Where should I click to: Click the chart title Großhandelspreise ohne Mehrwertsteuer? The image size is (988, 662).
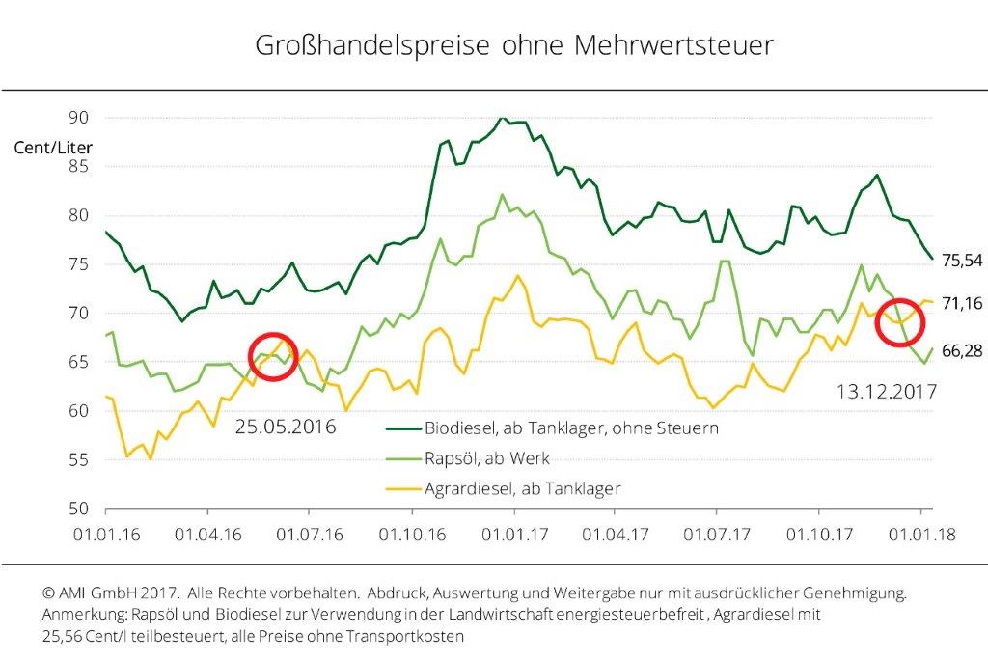513,45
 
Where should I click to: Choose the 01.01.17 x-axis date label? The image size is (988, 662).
512,532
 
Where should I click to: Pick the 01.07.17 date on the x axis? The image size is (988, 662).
716,532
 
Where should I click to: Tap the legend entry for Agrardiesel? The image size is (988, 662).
521,488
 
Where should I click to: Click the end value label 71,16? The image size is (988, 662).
961,304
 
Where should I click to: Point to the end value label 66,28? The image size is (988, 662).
961,350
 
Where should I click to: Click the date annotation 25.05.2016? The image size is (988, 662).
285,426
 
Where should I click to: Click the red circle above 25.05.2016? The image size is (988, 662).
272,356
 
